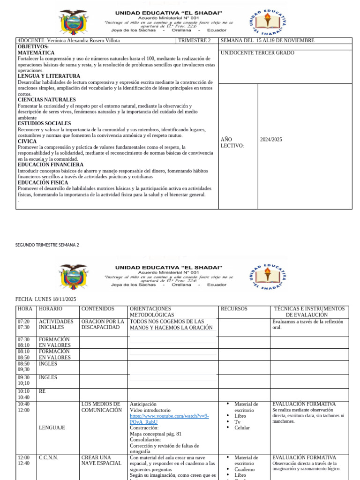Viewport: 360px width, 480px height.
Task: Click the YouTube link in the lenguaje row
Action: tap(169, 419)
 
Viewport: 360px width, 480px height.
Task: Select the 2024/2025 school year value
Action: tap(271, 140)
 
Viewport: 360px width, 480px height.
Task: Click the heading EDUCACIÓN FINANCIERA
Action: tap(51, 165)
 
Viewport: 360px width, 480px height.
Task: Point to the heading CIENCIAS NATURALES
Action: tap(46, 100)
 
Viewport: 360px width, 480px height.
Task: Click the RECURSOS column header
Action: tap(234, 309)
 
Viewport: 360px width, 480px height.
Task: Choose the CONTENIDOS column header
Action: tap(97, 309)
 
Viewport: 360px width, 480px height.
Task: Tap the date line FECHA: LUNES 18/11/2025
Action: tap(45, 299)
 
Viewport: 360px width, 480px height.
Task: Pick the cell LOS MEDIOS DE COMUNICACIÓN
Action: tap(101, 407)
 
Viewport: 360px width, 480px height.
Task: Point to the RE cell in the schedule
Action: tap(42, 391)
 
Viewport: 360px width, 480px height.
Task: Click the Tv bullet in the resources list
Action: tap(238, 422)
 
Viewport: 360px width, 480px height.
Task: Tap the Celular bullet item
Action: tap(242, 428)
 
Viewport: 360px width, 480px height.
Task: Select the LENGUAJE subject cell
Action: tap(52, 428)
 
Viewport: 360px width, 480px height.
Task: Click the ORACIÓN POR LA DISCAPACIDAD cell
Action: tap(102, 324)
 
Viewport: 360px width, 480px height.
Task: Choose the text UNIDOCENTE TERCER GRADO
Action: tap(257, 53)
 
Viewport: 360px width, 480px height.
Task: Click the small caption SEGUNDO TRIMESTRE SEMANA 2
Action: tap(47, 245)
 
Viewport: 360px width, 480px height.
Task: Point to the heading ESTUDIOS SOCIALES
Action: tap(44, 124)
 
